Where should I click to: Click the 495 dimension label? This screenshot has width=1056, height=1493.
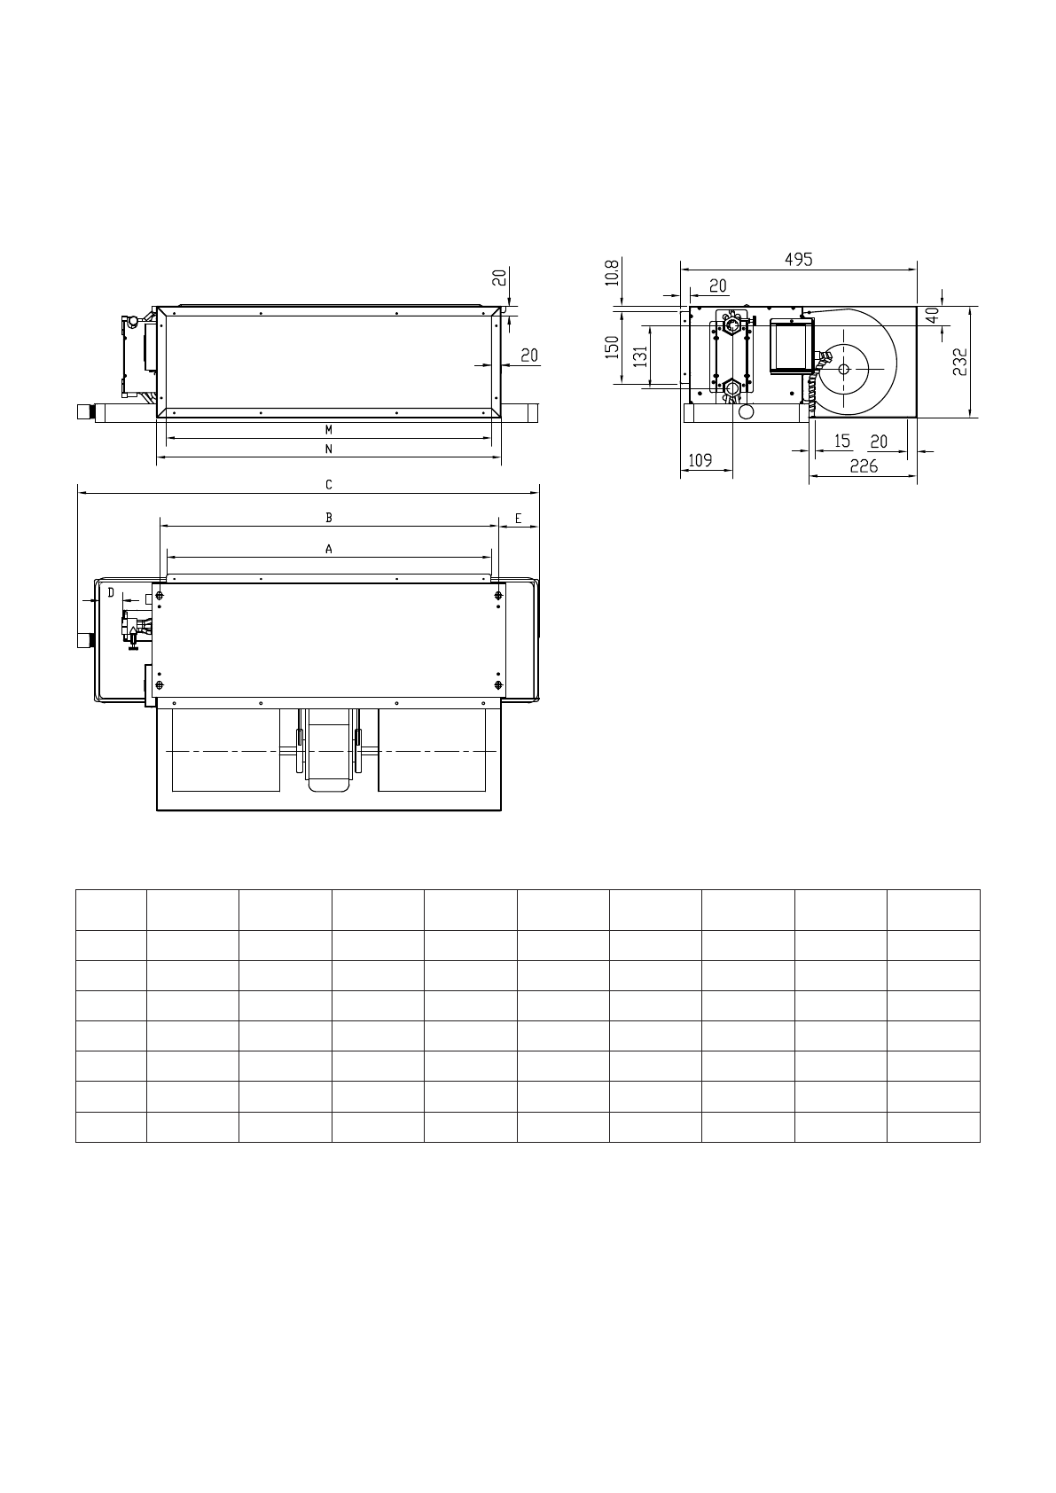point(798,259)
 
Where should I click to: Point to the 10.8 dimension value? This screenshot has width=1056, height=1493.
point(612,272)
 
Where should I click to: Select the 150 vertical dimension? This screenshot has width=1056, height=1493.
point(611,348)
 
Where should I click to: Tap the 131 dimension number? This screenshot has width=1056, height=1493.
point(641,356)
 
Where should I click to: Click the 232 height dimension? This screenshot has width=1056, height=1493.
point(959,362)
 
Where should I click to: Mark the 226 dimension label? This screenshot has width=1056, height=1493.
point(864,466)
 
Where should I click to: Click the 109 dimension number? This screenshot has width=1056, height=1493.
point(700,460)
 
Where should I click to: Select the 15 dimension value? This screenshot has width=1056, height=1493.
point(842,441)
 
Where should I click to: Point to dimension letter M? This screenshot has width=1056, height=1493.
point(329,430)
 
